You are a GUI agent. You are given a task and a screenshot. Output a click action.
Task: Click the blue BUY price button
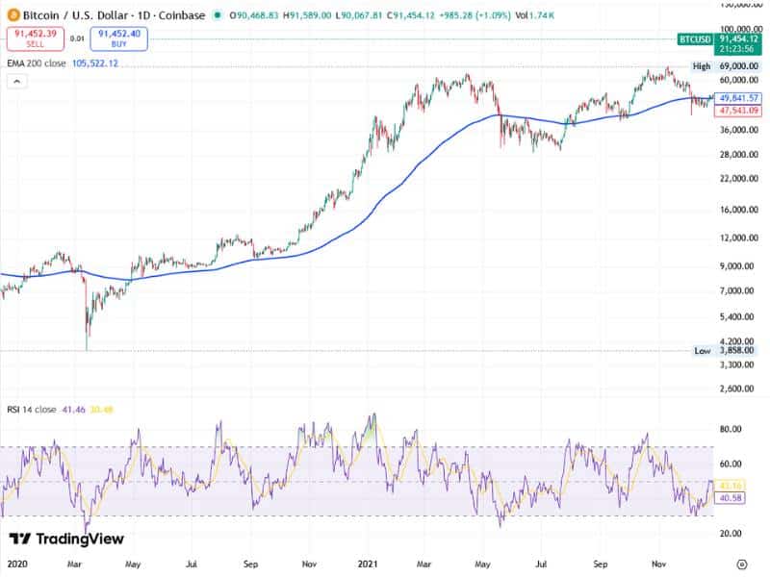point(119,38)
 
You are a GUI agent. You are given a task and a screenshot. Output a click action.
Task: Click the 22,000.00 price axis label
point(737,179)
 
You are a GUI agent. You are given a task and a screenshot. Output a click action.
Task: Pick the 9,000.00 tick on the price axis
point(739,266)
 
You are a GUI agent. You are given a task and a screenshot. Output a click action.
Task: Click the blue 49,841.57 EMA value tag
point(739,98)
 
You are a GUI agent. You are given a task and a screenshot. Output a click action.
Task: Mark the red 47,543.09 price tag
point(739,111)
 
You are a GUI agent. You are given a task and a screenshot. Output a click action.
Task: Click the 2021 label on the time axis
point(369,564)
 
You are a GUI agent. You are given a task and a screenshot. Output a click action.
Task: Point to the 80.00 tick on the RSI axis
point(734,429)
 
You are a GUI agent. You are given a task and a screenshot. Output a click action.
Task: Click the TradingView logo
point(66,539)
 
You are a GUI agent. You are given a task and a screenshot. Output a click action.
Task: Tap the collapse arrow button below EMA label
point(16,82)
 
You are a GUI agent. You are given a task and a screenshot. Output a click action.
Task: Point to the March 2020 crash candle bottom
point(87,348)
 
